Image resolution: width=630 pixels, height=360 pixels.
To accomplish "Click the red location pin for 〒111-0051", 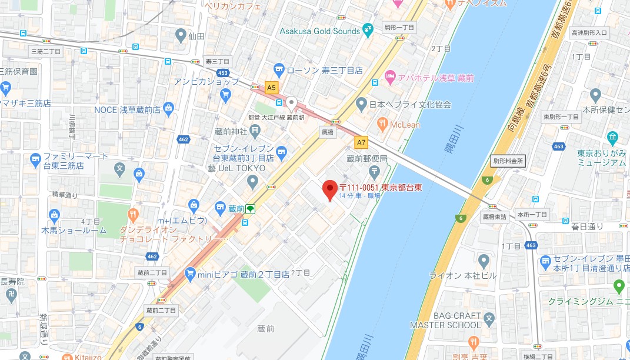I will (x=330, y=189).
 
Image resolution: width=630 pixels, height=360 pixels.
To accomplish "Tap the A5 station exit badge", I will (x=271, y=88).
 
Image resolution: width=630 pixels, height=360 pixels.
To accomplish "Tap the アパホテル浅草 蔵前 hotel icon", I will (x=389, y=78).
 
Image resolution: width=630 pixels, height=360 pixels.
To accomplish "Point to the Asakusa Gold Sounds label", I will (x=320, y=31).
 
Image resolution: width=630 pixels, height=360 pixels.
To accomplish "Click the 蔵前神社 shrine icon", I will (x=255, y=129).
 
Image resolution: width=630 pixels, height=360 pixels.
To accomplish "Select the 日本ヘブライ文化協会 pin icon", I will (x=362, y=105).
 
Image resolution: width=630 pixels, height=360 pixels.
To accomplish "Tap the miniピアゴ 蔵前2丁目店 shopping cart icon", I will (x=189, y=274).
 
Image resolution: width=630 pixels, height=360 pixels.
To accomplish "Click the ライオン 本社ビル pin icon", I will (x=484, y=260).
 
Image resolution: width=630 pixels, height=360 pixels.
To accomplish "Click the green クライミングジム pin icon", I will (x=618, y=286).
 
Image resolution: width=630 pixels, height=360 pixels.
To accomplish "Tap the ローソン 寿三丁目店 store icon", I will (x=279, y=70).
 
